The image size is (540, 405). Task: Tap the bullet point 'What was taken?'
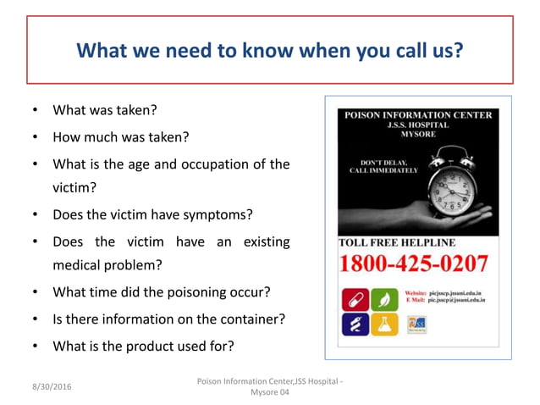click(105, 110)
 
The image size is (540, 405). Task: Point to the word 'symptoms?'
click(215, 214)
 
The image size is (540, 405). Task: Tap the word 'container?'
click(249, 319)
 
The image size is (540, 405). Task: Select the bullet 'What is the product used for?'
click(143, 346)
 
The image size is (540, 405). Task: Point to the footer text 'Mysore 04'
click(270, 392)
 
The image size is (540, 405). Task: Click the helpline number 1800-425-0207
click(414, 264)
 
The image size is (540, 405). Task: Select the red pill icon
click(354, 299)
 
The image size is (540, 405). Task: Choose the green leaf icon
click(383, 299)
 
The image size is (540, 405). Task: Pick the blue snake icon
click(354, 325)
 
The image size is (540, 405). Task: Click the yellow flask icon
click(383, 325)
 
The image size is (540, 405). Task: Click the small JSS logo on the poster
click(416, 326)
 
